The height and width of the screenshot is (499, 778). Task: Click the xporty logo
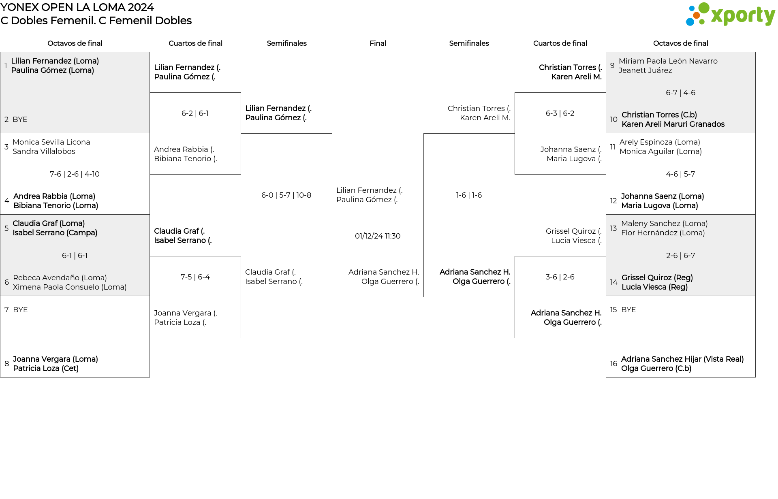tap(730, 15)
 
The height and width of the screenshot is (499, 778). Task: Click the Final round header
tap(378, 43)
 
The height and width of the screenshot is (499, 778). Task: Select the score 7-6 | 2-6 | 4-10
tap(75, 174)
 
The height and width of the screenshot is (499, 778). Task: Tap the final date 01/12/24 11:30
tap(378, 236)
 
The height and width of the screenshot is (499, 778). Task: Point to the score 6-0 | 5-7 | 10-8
tap(286, 195)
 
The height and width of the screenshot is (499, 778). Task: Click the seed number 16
tap(613, 364)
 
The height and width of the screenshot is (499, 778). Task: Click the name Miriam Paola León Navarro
tap(668, 61)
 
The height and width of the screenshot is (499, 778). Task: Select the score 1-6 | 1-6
tap(469, 195)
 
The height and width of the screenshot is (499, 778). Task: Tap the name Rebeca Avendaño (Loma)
tap(60, 278)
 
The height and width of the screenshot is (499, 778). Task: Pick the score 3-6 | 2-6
tap(560, 277)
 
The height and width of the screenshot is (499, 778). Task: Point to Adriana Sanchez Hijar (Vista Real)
tap(682, 359)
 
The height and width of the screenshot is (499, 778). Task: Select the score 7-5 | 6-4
tap(195, 277)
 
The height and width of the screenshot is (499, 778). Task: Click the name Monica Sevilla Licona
tap(51, 142)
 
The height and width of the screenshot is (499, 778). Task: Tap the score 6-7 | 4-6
tap(680, 93)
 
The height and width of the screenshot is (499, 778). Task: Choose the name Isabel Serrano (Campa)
tap(55, 233)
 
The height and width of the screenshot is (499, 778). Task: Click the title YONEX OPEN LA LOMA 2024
tap(77, 7)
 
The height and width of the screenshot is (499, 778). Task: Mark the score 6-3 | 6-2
tap(560, 113)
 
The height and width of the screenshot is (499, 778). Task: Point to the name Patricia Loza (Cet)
tap(46, 369)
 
